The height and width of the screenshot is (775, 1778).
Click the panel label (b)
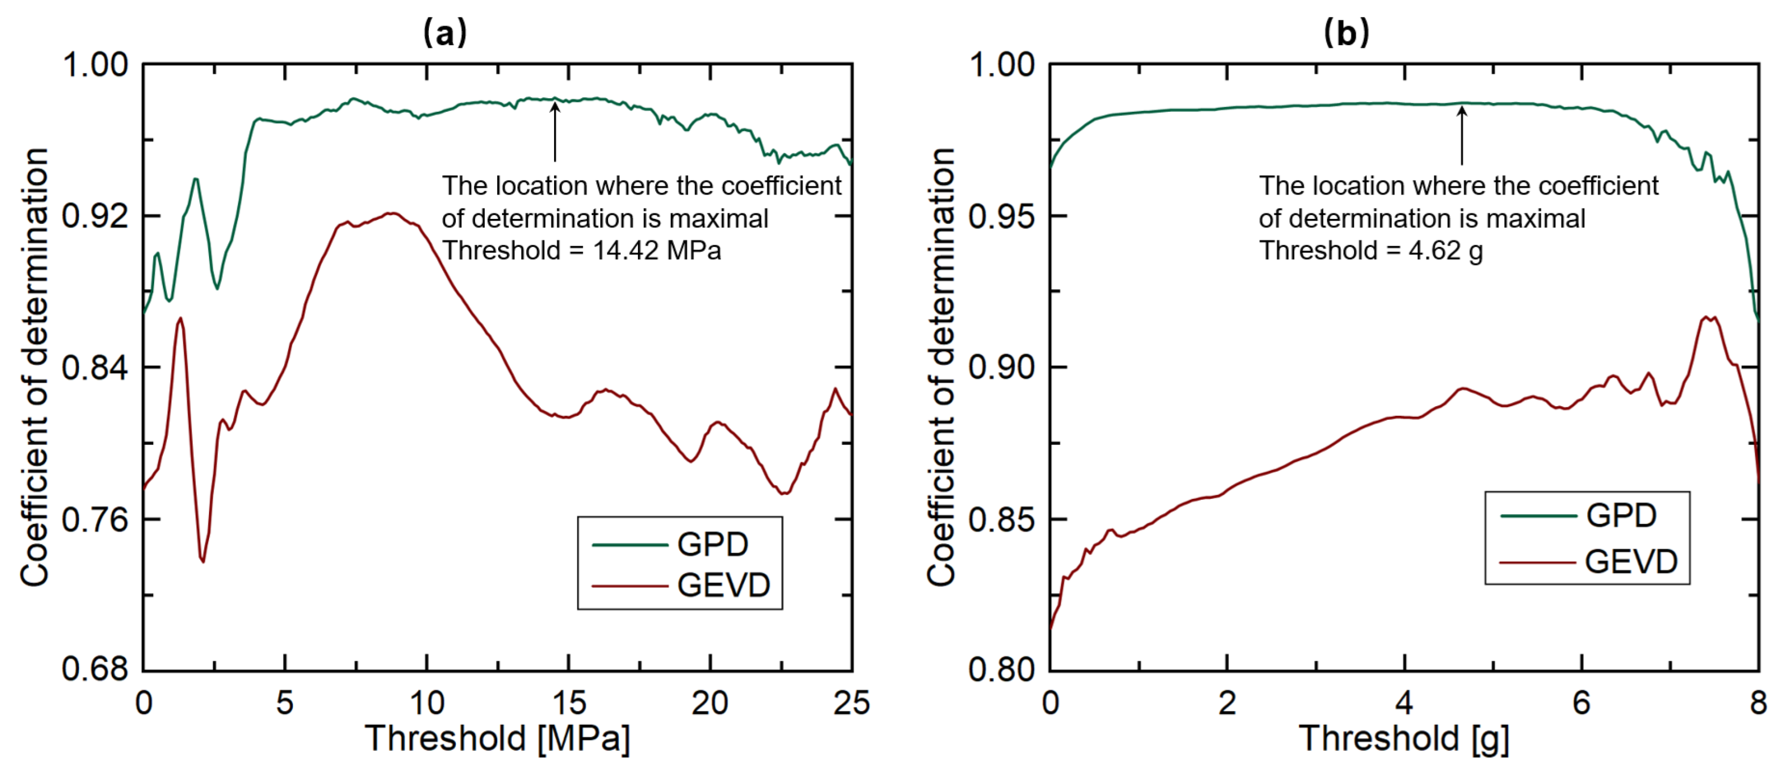click(1346, 33)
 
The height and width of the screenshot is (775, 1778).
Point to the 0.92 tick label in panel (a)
click(95, 216)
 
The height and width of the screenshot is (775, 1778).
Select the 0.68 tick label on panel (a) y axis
click(95, 669)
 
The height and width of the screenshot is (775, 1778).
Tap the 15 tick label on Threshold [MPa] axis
click(569, 703)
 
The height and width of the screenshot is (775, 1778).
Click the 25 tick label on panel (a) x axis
click(851, 703)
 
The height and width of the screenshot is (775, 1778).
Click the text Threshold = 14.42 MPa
click(581, 250)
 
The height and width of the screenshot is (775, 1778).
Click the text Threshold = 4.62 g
click(1370, 250)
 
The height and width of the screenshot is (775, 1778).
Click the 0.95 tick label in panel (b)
click(1002, 217)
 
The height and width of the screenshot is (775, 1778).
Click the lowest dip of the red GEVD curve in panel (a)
click(203, 561)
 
